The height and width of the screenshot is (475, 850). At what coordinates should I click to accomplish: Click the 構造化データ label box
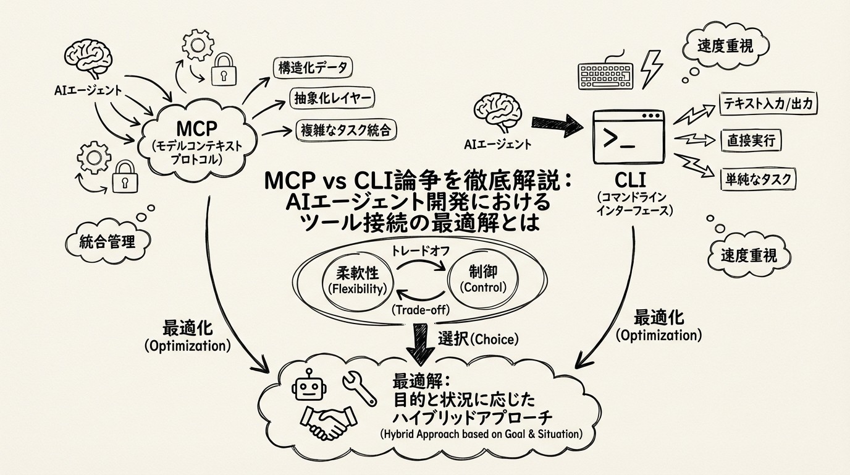click(313, 67)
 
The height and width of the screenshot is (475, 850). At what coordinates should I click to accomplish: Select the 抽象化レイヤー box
click(332, 98)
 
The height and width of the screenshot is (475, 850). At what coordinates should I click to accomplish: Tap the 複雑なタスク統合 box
click(345, 129)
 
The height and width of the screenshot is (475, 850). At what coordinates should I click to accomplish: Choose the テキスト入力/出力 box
click(768, 104)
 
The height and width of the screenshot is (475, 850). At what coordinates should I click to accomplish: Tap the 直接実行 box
click(751, 141)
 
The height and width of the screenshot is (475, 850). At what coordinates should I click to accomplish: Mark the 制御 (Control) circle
click(483, 280)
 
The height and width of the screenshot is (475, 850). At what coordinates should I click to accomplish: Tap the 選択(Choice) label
click(478, 338)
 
